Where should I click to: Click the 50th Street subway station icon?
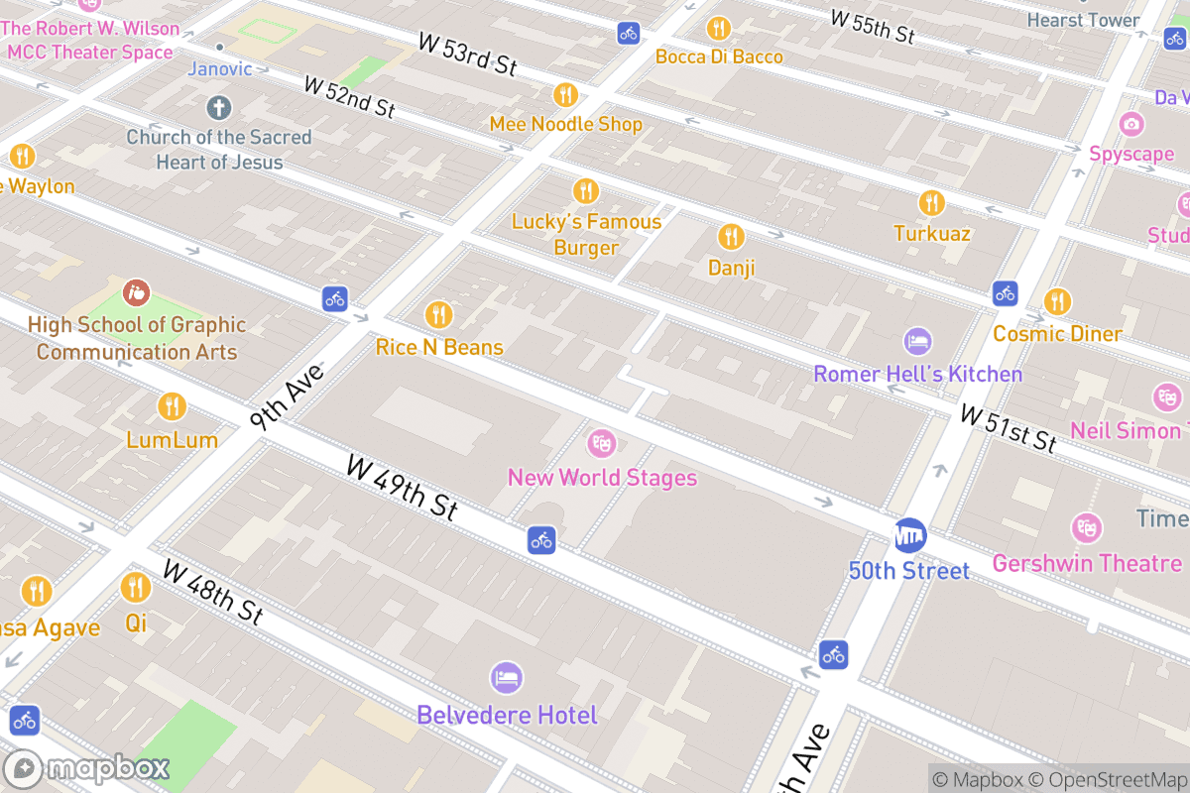[x=909, y=536]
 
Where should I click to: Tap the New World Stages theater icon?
[x=601, y=443]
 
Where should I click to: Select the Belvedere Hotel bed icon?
[x=507, y=679]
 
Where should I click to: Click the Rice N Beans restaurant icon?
[x=438, y=315]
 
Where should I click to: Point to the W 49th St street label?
[x=402, y=487]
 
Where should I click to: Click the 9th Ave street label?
[x=287, y=397]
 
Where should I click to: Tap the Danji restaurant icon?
[x=731, y=237]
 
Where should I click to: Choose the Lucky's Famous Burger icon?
[x=586, y=190]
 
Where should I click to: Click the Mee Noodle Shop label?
[x=565, y=124]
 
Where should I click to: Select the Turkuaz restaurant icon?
[x=931, y=203]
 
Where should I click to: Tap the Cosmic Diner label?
[x=1057, y=333]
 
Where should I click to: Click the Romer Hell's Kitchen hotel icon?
[x=918, y=342]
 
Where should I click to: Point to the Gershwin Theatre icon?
[x=1087, y=527]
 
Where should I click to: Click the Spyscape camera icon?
[x=1131, y=124]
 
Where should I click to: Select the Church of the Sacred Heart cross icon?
[x=219, y=107]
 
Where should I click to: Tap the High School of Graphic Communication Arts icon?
[x=136, y=292]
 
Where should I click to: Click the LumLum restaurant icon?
[x=172, y=406]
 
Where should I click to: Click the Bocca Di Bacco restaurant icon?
[x=718, y=28]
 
